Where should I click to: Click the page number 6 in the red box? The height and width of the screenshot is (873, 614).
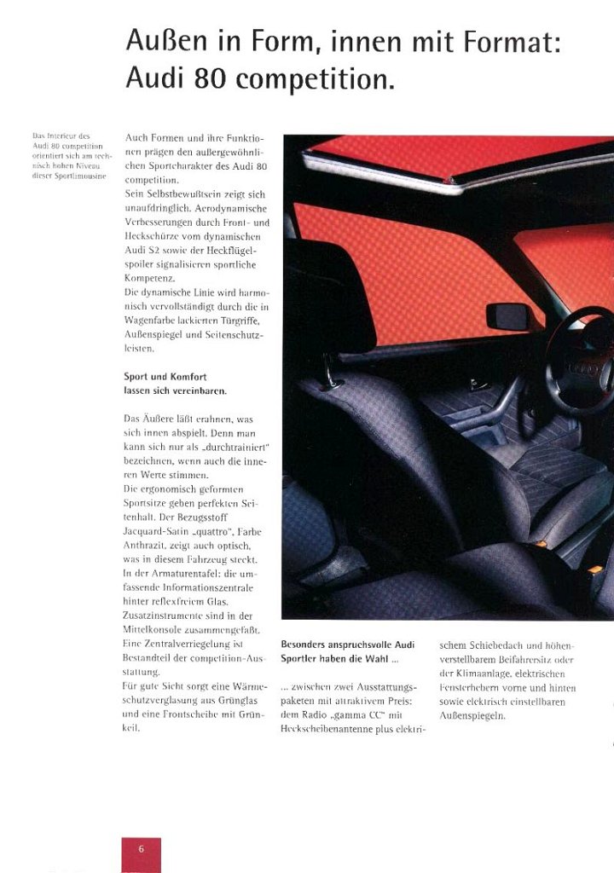coord(141,848)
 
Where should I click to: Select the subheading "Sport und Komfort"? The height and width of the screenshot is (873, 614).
coord(165,377)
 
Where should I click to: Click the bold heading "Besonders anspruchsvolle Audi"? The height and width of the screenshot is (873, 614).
coord(347,645)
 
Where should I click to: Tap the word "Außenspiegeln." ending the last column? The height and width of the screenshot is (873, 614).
coord(472,715)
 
